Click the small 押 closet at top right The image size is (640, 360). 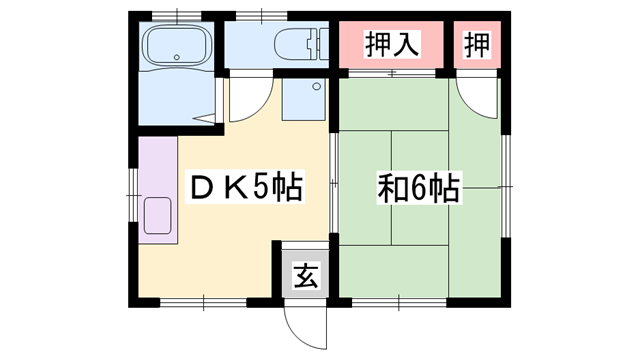pos(477,44)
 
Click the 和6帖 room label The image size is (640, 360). pos(418,188)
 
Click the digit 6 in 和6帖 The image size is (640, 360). pos(418,188)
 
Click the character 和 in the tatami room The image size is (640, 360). pos(391,188)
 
